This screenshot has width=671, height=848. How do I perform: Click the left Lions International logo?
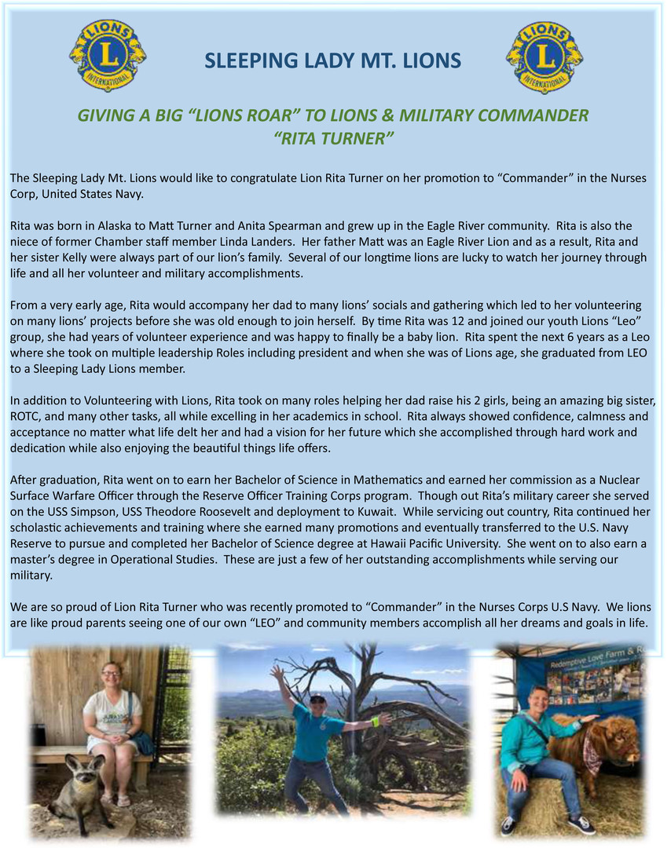[x=108, y=57]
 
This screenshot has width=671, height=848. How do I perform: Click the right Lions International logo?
[x=544, y=57]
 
